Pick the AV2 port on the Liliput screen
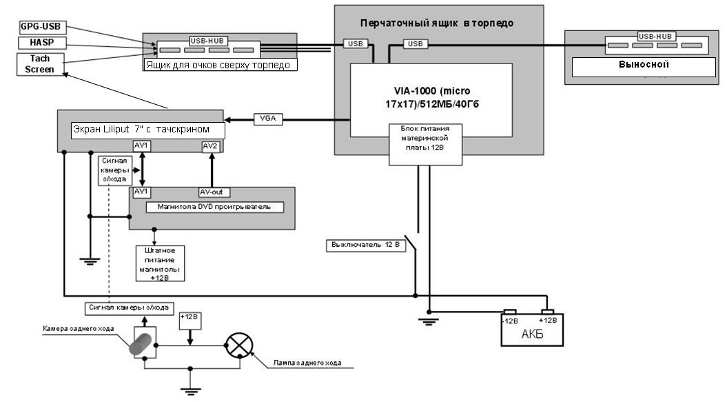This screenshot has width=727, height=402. point(211,146)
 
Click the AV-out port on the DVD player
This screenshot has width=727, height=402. point(211,192)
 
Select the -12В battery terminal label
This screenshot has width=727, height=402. point(509,320)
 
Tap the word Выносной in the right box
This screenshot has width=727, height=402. point(641,66)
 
